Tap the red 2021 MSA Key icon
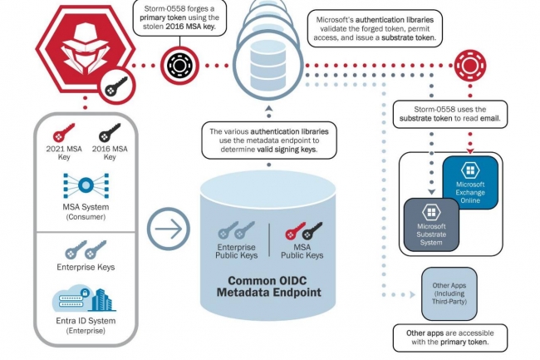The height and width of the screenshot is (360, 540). pos(63,132)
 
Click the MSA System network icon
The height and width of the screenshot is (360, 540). pos(86,184)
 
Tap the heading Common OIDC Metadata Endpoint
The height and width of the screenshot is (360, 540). pos(268,287)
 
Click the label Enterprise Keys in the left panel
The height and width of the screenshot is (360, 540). pos(86,267)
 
